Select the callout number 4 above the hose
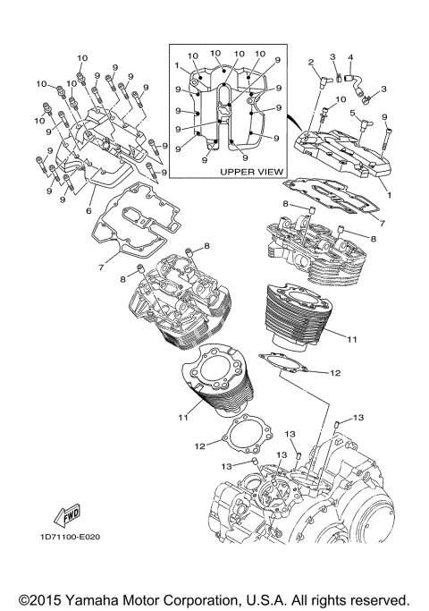(350, 57)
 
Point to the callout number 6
(88, 210)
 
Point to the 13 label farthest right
(357, 418)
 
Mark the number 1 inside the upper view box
(178, 64)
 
